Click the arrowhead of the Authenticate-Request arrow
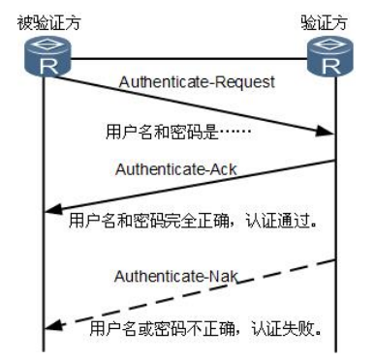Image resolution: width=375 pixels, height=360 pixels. [328, 140]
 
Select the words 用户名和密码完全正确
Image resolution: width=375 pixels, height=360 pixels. [150, 220]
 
